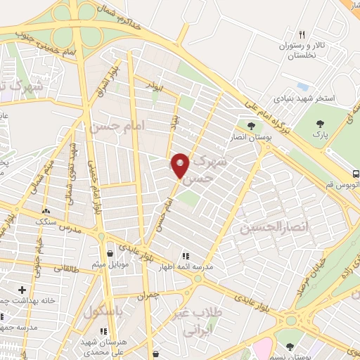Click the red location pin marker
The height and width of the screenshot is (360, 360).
point(181,167)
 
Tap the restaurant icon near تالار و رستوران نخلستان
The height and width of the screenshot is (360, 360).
point(302,34)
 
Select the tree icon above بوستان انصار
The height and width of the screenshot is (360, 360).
point(251,126)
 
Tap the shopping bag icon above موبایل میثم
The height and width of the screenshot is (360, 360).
point(110,254)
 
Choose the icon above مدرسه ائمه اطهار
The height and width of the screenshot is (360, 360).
point(186,257)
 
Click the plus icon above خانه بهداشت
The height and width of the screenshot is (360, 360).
point(22,289)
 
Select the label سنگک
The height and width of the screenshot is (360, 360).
point(47,220)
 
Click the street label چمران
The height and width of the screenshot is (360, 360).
point(148,296)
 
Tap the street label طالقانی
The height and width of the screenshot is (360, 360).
point(64,267)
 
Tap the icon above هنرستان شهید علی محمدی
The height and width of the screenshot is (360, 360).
point(104,330)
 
